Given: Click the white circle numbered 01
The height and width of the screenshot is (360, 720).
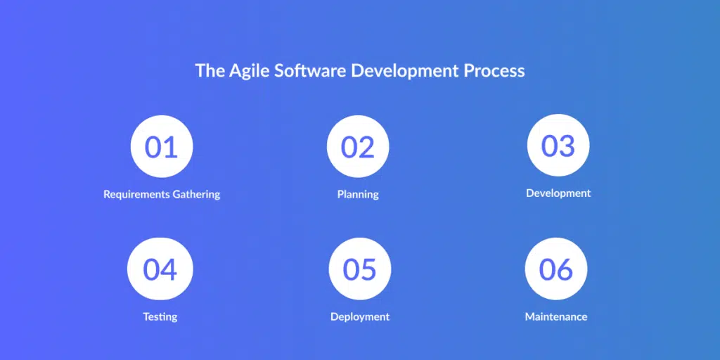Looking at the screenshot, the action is pos(162,146).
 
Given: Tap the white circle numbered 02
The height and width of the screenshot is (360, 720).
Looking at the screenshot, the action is pos(358,146).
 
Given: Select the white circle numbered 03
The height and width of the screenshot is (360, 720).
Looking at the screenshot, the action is pos(558,145).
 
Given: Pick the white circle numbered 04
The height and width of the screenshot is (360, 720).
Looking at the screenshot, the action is pos(160,269).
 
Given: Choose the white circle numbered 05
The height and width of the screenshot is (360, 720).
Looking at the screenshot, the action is pos(360,269).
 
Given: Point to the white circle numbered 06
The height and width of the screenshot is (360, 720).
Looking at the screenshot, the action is pos(556,269).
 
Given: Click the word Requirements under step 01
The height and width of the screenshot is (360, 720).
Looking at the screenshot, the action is pos(137,194).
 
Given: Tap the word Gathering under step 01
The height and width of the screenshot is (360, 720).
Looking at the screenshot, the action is pos(197,194).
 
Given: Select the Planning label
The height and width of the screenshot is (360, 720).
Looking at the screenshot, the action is pos(358,194).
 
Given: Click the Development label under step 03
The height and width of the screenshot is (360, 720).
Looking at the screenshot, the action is pos(558,193).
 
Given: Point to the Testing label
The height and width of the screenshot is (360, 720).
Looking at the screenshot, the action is pos(160,317).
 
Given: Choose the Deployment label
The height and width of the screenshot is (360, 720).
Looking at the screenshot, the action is pos(360,317).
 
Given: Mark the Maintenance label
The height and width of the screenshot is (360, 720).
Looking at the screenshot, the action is pos(556,317).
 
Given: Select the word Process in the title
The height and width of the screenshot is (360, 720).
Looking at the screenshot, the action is pos(494,71).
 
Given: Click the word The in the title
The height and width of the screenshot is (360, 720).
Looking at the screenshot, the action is pos(210,71).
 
